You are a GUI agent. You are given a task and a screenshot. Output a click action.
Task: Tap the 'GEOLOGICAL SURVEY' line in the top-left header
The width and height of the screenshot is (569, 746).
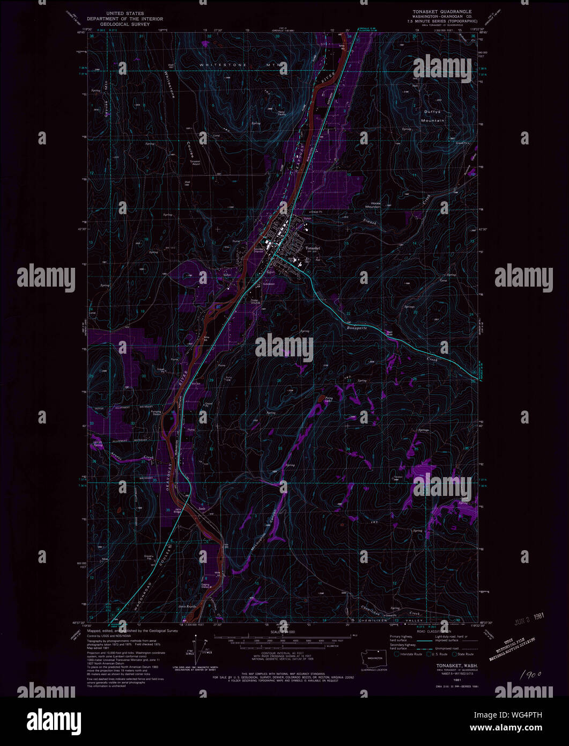(127, 24)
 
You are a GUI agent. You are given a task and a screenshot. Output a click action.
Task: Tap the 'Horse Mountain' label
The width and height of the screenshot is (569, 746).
(376, 204)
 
